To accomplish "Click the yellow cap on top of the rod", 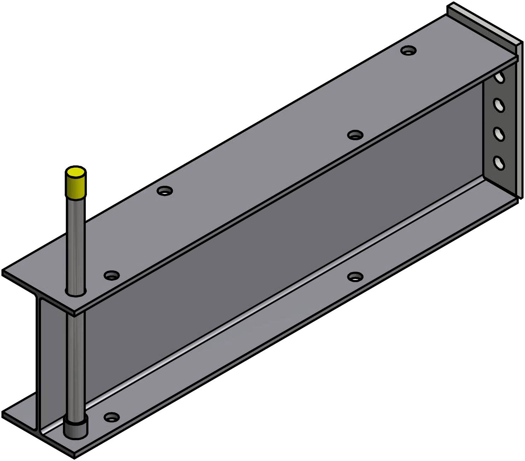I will coord(76,182).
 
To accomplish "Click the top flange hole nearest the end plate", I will coord(408,50).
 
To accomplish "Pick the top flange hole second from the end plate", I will coord(355,135).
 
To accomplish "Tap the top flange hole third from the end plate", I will coord(165,191).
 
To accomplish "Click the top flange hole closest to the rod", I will coord(112,275).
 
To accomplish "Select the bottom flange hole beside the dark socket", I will coord(112,417).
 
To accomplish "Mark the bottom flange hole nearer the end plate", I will coord(355,276).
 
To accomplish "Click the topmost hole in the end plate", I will coord(500,77).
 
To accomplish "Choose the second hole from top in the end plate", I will coord(499,105).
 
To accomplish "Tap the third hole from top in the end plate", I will coord(499,134).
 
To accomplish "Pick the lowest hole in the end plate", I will coord(499,163).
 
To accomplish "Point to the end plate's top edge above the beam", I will coord(484,21).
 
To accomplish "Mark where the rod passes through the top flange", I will coord(76,293).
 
